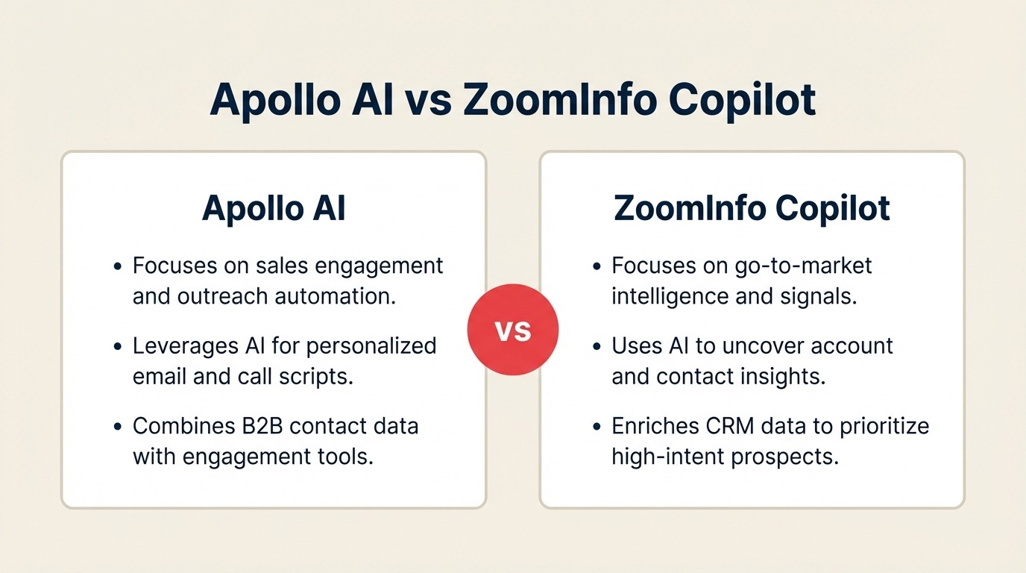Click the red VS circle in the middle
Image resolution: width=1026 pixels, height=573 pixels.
coord(513,329)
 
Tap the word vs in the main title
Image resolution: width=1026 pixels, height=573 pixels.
coord(428,100)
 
